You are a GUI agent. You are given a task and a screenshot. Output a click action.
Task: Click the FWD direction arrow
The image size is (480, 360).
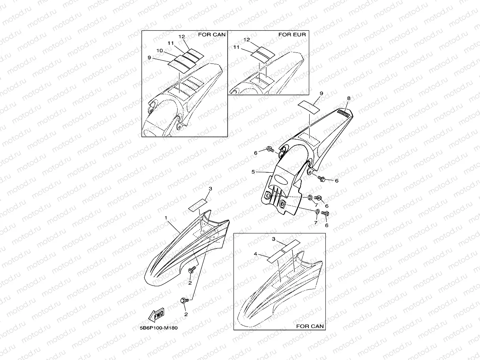tap(156, 315)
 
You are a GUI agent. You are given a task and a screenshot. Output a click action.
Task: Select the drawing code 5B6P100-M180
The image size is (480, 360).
tap(159, 328)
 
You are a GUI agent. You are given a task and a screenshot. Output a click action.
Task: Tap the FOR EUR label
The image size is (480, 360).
tap(292, 35)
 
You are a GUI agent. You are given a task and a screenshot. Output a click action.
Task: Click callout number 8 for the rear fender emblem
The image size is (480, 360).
tap(349, 98)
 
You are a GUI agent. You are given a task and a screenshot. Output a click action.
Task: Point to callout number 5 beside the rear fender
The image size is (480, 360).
tap(253, 172)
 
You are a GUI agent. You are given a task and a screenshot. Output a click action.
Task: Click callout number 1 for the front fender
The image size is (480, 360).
tap(166, 218)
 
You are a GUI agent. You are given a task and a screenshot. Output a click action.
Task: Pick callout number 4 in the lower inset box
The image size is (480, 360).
tap(256, 254)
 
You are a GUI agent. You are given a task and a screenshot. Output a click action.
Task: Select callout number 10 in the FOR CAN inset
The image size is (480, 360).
tap(160, 50)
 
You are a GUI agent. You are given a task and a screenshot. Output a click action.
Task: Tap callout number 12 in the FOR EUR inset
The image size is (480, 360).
tap(247, 40)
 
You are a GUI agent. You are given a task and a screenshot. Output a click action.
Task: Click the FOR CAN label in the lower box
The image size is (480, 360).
tap(310, 326)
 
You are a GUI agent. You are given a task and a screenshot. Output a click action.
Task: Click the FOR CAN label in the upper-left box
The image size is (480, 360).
tap(212, 35)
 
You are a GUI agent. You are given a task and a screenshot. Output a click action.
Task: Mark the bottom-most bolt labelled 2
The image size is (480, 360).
tap(184, 300)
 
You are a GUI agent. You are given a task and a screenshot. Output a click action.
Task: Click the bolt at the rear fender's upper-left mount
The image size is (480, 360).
tap(270, 149)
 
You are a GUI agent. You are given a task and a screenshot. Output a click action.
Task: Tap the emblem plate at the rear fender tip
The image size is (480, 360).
tap(344, 113)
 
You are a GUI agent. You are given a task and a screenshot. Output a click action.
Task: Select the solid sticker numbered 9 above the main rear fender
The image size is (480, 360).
tap(308, 107)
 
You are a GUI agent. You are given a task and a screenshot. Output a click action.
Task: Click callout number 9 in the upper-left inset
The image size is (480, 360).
tap(149, 58)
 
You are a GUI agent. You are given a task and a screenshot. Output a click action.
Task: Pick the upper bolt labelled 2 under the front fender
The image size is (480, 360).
tap(192, 270)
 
